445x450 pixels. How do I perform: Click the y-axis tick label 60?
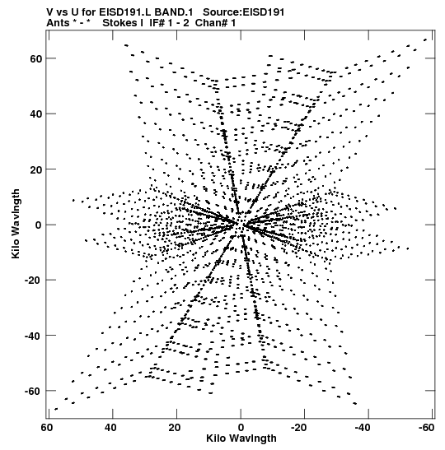pos(35,58)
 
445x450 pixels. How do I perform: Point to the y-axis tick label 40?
pos(35,114)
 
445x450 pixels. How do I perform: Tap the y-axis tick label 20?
pos(35,169)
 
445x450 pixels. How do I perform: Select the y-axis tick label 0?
pos(39,225)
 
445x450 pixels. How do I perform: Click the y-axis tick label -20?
pos(33,280)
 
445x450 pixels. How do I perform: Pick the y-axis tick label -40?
pos(33,336)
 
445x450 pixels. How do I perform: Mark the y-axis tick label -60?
pos(33,391)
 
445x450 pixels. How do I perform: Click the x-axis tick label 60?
pos(47,428)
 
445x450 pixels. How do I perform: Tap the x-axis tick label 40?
pos(111,428)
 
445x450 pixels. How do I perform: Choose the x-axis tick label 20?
pos(175,428)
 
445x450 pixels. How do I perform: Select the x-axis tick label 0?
pos(241,428)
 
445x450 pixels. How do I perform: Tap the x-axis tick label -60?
pos(426,428)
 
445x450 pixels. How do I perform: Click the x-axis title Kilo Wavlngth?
pos(241,438)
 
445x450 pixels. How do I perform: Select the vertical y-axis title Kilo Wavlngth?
pos(16,224)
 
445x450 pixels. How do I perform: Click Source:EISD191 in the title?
pos(243,12)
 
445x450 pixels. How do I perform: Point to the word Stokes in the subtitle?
pos(119,23)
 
